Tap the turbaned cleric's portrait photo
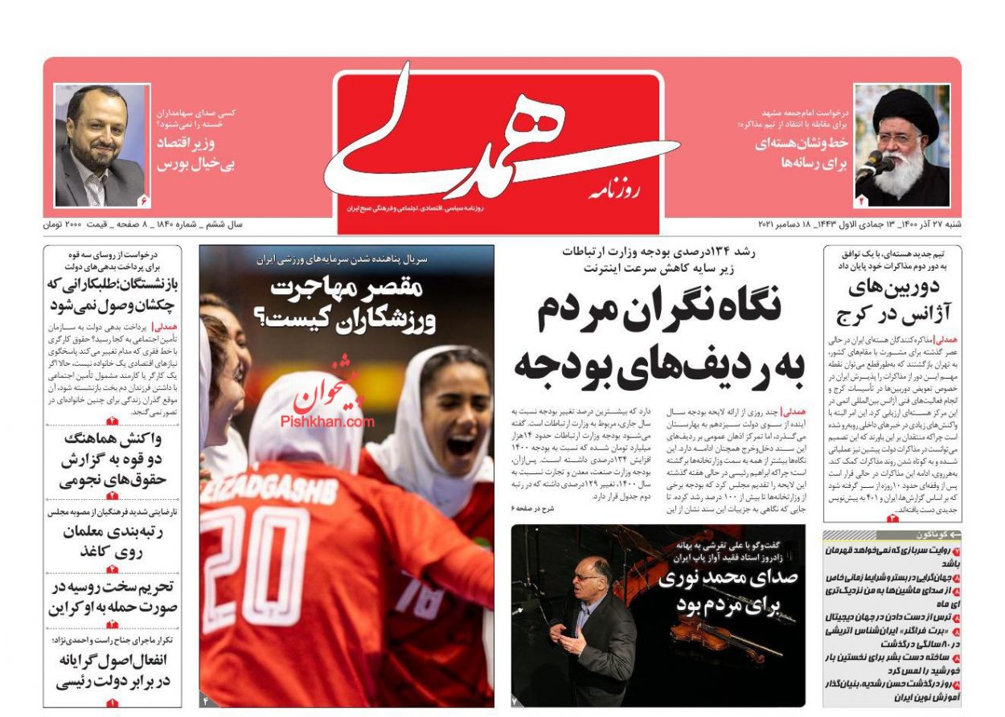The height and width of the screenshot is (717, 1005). (x=901, y=145)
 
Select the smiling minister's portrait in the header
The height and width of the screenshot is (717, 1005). (x=100, y=145)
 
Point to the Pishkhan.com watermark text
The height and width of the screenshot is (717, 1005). (x=327, y=420)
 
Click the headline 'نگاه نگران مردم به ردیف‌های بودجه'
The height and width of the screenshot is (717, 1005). (x=659, y=337)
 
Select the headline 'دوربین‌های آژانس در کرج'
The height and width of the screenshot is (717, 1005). (x=892, y=301)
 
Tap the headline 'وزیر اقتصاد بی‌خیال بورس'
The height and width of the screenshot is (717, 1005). (x=195, y=154)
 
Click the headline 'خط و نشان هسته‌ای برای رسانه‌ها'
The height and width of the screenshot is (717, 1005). (x=802, y=153)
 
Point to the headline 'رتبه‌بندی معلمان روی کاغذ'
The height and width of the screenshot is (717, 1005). (x=113, y=543)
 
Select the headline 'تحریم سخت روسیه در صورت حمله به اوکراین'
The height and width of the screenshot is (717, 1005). (x=113, y=598)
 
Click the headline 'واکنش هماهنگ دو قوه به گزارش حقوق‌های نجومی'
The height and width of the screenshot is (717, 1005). (x=113, y=461)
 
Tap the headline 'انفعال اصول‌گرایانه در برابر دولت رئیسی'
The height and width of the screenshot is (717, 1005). (x=113, y=670)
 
